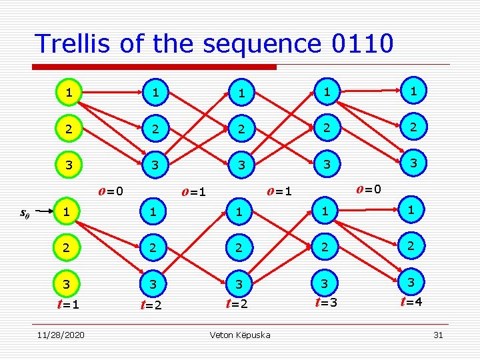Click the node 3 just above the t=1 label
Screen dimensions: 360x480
tap(66, 283)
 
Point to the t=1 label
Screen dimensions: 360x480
tap(68, 304)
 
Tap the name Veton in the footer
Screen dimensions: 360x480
tap(222, 335)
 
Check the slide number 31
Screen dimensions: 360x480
tap(438, 335)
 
